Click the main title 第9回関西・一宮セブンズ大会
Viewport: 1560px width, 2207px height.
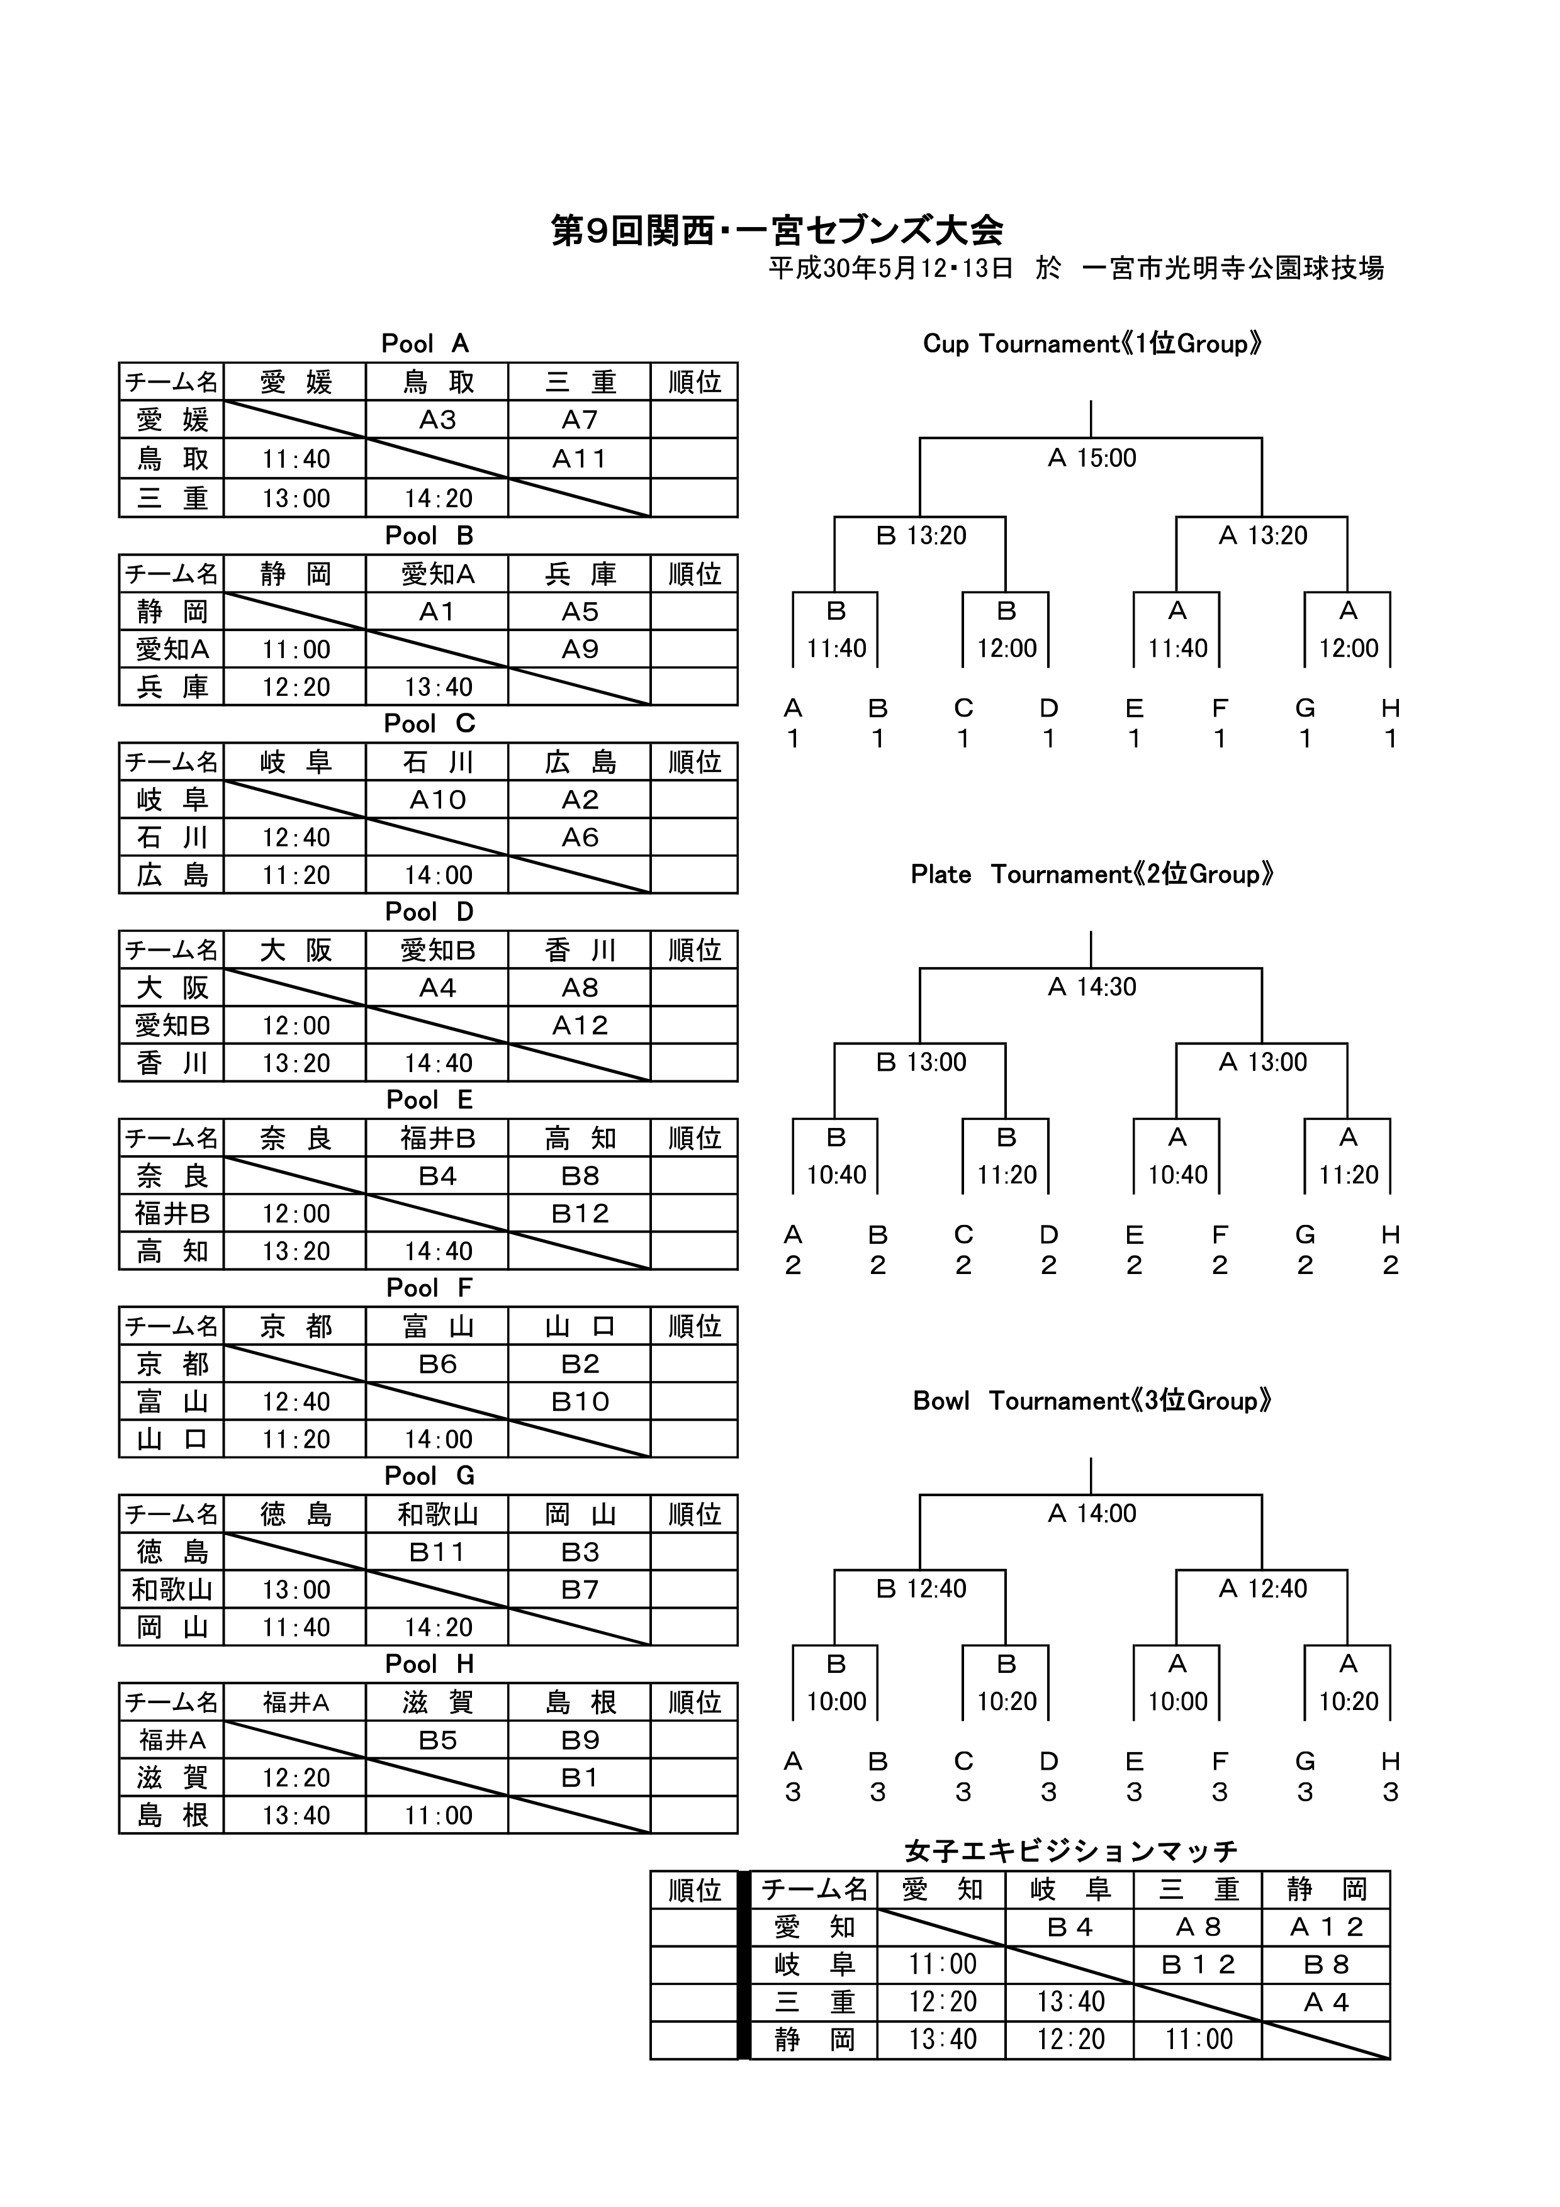pos(777,231)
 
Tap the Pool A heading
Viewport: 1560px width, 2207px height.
pos(425,343)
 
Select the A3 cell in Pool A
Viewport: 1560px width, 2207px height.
pos(437,420)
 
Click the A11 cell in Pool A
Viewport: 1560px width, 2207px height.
pos(580,459)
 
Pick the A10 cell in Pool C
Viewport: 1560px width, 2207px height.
pos(437,800)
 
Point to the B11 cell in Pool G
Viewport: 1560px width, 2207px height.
pos(437,1553)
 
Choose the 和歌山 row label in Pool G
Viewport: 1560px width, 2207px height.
pos(172,1590)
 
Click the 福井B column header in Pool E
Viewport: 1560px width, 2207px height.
pos(437,1138)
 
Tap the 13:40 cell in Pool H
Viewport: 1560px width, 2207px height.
pos(296,1816)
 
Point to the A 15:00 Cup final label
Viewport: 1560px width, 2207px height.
pos(1092,459)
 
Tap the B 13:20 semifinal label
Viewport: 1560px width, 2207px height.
pos(921,535)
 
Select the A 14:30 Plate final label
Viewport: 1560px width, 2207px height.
pos(1092,987)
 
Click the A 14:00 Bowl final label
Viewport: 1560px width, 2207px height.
pos(1092,1514)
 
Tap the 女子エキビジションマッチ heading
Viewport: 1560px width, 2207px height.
pos(1071,1850)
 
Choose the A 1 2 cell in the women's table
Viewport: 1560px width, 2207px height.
pos(1327,1927)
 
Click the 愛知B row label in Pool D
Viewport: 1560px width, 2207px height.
pos(172,1025)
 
